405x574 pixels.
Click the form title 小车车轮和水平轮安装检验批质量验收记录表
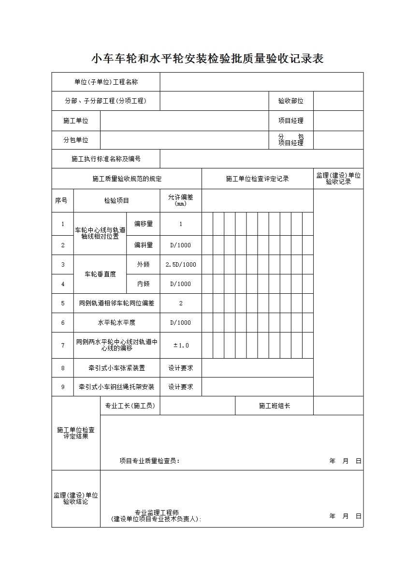(207, 59)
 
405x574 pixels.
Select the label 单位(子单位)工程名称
(106, 82)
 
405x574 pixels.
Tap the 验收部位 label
(290, 101)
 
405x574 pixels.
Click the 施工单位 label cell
(76, 121)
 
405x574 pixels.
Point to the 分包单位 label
(76, 140)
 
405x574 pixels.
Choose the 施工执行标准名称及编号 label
(106, 159)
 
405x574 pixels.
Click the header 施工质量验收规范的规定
(127, 179)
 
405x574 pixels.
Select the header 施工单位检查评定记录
(257, 179)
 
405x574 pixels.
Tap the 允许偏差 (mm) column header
(181, 200)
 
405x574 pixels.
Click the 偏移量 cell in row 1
(144, 224)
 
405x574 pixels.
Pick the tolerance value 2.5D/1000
(181, 265)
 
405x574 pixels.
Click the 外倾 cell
(144, 265)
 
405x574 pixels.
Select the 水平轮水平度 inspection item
(116, 323)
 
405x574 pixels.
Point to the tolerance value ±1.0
(181, 345)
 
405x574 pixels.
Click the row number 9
(63, 387)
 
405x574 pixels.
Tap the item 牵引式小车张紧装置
(116, 368)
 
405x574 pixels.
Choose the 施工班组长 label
(274, 406)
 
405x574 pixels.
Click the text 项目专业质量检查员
(149, 461)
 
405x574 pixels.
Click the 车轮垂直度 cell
(100, 274)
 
